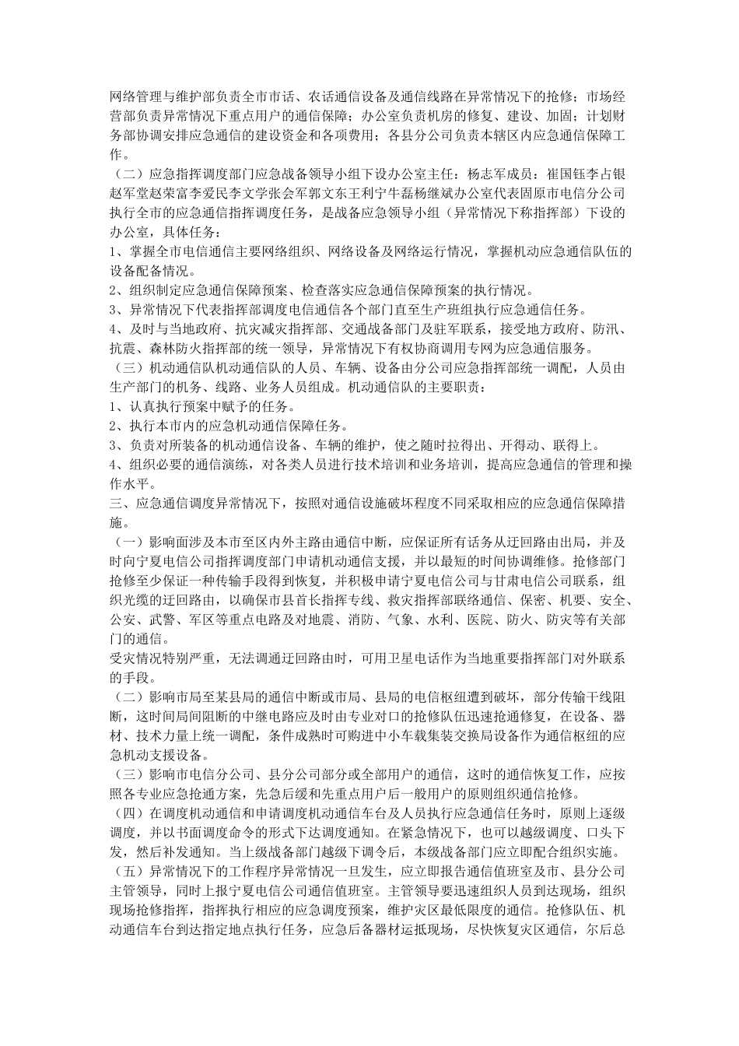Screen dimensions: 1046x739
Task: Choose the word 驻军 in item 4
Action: (x=425, y=328)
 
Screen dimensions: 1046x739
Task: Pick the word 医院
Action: (x=501, y=620)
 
